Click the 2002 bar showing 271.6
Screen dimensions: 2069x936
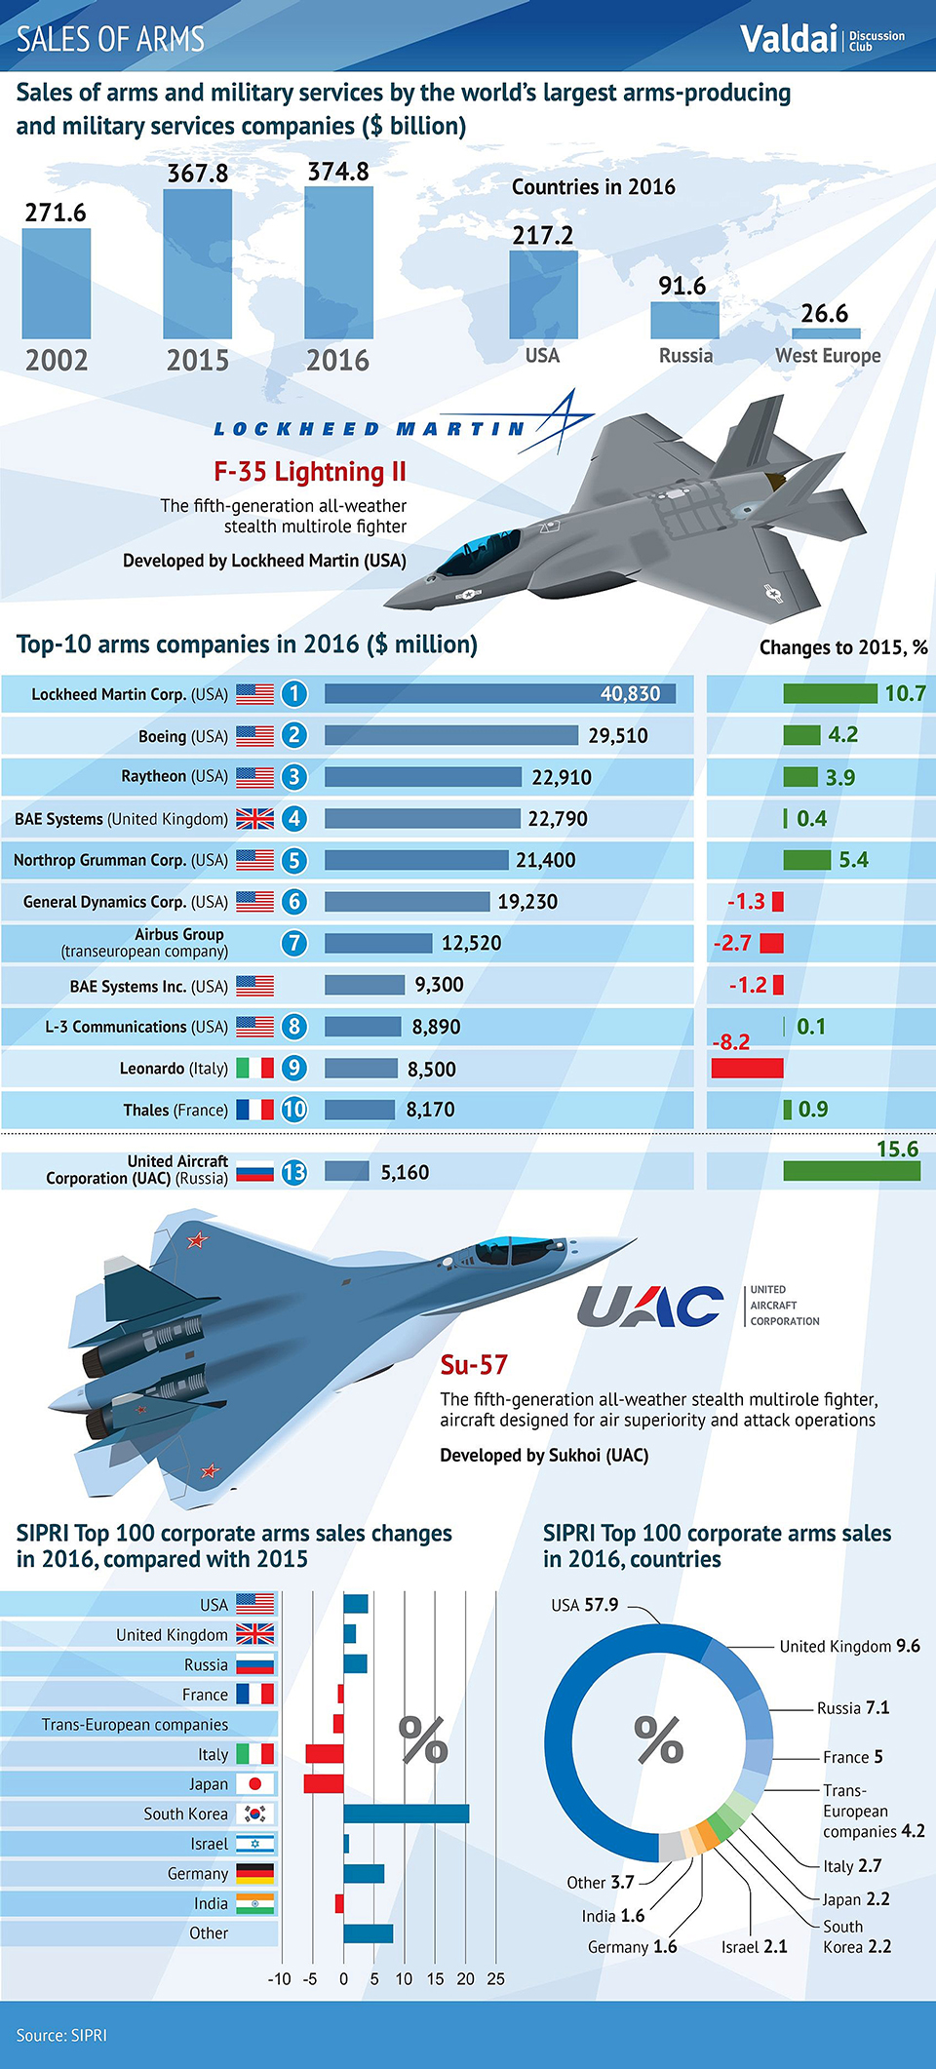coord(57,283)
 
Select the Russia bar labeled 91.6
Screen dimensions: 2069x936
coord(684,320)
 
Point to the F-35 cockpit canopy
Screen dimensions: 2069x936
coord(478,551)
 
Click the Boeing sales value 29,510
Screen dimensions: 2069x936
coord(617,735)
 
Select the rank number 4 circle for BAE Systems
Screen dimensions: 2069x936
coord(293,818)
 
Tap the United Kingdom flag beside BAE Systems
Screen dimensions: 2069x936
coord(255,818)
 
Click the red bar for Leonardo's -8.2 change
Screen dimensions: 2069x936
coord(747,1067)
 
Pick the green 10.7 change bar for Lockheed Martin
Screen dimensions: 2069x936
coord(830,693)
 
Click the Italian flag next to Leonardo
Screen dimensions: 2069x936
coord(255,1068)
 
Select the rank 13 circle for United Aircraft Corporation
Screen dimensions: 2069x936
coord(293,1172)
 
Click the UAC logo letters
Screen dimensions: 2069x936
coord(649,1307)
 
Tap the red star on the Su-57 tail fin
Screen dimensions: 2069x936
coord(198,1240)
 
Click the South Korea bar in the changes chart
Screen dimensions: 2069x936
coord(406,1814)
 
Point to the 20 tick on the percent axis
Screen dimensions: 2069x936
coord(466,1978)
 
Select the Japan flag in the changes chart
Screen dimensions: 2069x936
coord(255,1783)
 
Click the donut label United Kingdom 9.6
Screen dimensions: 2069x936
coord(849,1646)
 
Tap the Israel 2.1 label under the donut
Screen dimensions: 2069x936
coord(754,1946)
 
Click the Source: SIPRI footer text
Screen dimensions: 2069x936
coord(61,2035)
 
